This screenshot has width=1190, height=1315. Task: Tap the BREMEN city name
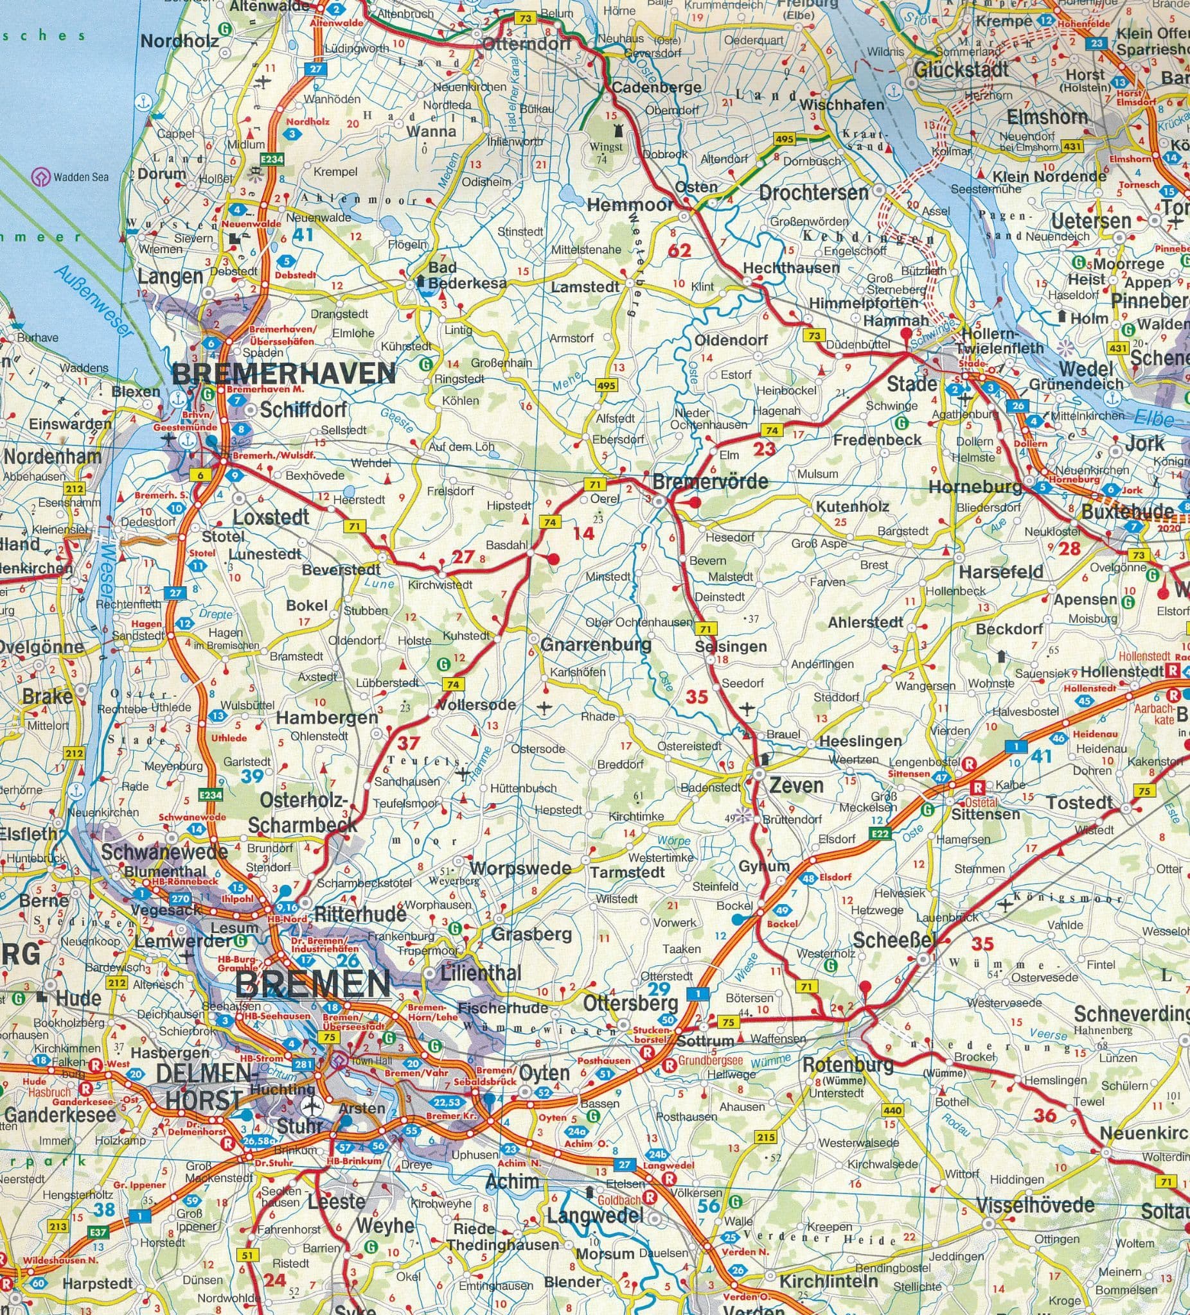314,984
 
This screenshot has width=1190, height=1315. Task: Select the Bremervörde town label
710,482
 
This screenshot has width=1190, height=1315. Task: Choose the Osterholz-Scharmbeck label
303,812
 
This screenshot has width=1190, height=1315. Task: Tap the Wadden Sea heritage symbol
42,177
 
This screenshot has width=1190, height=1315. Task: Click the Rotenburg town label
848,1065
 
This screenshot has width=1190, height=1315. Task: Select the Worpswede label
520,869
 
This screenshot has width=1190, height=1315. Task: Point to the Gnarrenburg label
596,645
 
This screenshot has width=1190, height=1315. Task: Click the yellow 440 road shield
892,1111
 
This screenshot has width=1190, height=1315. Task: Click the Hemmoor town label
629,205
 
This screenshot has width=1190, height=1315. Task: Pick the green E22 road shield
880,833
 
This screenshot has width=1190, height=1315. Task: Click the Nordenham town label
52,456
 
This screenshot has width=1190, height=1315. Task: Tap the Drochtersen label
813,193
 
